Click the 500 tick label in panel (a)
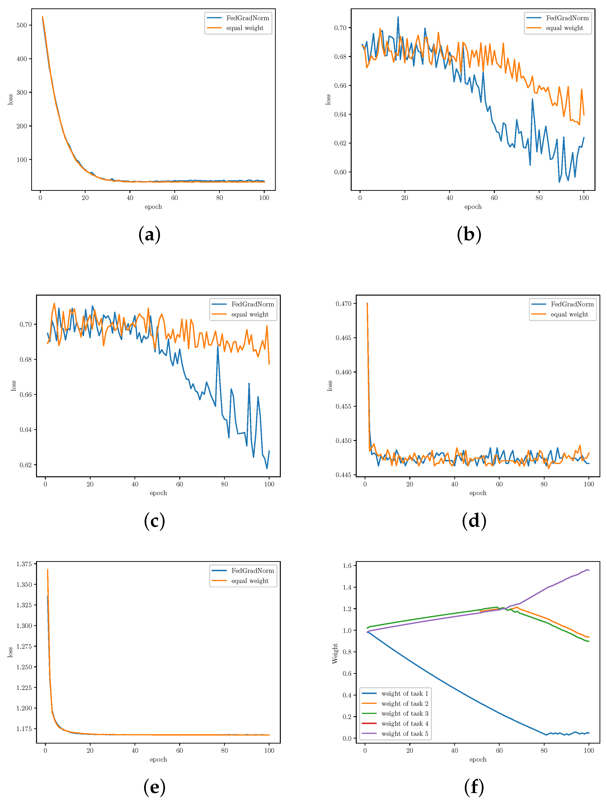[22, 25]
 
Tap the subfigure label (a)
[149, 234]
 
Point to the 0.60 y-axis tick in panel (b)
[340, 172]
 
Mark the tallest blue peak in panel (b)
[398, 17]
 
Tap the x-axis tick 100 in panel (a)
[264, 198]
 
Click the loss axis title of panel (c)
[13, 385]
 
